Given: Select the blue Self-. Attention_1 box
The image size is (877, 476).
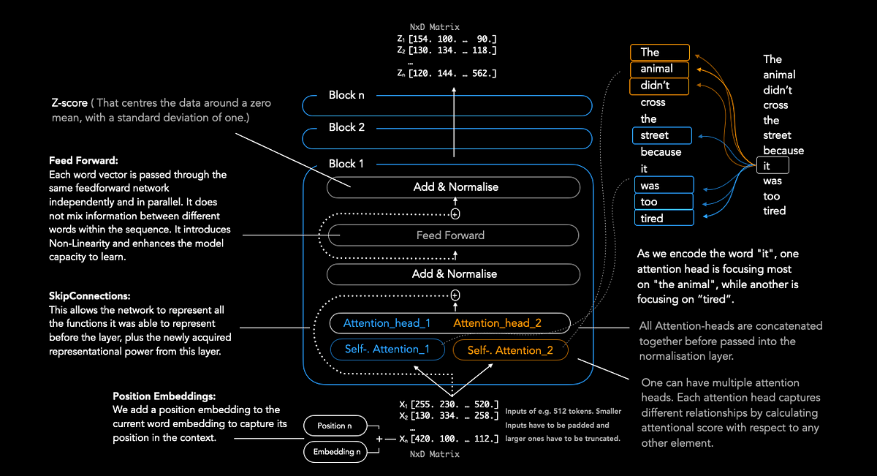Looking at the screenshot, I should tap(387, 350).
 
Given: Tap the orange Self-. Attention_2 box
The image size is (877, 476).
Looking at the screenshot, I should tap(510, 350).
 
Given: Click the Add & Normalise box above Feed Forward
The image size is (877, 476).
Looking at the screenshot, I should tap(453, 187).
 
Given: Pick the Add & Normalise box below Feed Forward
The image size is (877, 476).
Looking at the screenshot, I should tap(453, 274).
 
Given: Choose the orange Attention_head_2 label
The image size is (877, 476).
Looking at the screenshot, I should tap(496, 323).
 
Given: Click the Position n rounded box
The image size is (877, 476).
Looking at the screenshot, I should tap(334, 426).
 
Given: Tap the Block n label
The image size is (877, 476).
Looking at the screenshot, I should tap(346, 95).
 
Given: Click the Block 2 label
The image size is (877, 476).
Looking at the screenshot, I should tap(346, 127).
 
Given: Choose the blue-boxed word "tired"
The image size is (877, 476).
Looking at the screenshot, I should tap(653, 218).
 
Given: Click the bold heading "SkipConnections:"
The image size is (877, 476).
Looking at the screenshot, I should tap(90, 298).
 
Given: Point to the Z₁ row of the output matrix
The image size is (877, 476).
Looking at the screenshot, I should tap(447, 39).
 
